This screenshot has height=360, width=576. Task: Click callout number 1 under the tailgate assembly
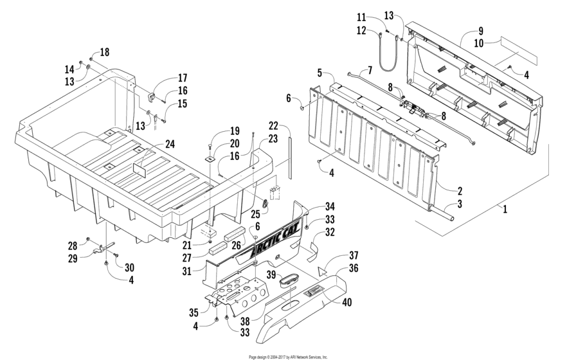pyautogui.click(x=505, y=209)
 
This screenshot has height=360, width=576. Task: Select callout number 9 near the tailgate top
pyautogui.click(x=480, y=31)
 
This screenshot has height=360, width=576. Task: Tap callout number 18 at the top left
pyautogui.click(x=104, y=51)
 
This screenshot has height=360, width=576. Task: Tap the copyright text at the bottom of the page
pyautogui.click(x=287, y=356)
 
